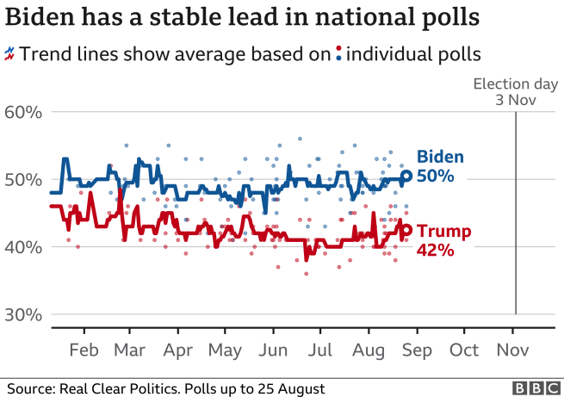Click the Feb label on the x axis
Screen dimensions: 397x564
point(84,350)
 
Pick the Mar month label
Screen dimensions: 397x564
point(130,350)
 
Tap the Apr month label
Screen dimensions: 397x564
point(178,350)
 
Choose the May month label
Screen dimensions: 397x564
point(225,350)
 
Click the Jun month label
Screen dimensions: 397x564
point(273,350)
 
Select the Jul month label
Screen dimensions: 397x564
point(320,350)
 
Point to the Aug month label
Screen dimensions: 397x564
point(369,350)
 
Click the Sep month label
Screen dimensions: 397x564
point(418,350)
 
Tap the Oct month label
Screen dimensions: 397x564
point(465,350)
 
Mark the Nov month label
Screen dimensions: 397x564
point(512,350)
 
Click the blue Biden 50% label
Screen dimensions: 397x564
point(440,166)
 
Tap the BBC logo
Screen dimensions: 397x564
point(533,388)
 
